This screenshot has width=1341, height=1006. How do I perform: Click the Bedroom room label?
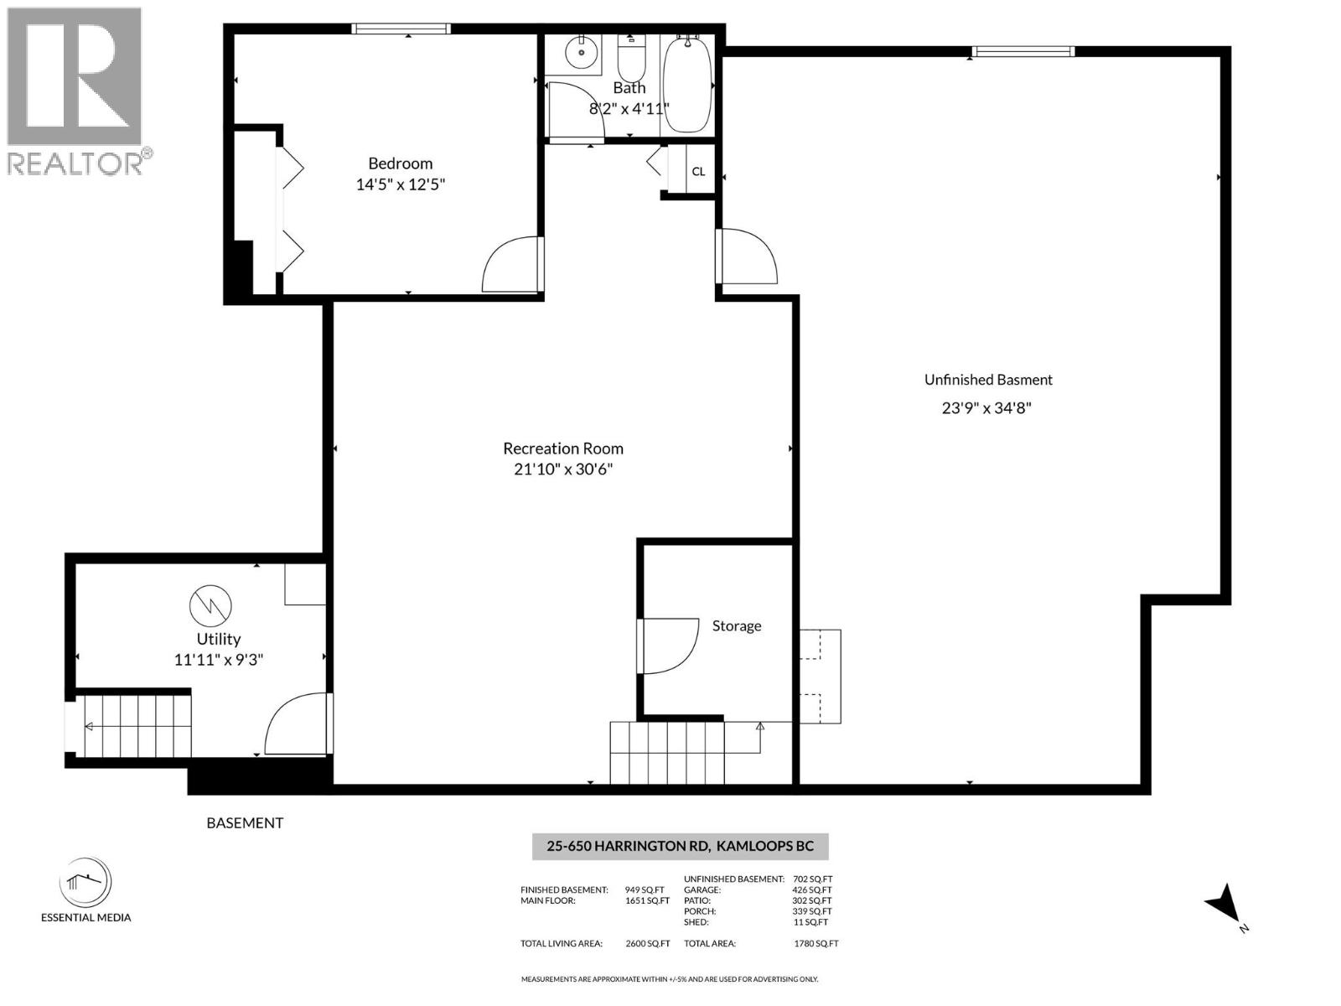coord(400,163)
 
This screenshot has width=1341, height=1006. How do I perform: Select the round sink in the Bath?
coord(580,54)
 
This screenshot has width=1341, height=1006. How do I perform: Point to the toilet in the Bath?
coord(630,59)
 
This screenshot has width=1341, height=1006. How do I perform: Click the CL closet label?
coord(698,172)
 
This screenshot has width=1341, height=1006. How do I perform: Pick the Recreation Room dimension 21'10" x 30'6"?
coord(563,469)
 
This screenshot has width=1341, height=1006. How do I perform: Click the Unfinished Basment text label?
coord(988,380)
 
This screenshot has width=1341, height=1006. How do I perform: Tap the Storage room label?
coord(737,626)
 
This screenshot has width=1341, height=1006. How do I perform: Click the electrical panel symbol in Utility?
coord(210,604)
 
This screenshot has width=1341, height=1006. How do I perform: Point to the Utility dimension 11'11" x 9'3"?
coord(219,660)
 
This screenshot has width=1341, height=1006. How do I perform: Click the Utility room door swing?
coord(298,725)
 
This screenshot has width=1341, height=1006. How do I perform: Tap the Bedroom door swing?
coord(511,264)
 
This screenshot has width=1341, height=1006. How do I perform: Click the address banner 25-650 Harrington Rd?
coord(680,846)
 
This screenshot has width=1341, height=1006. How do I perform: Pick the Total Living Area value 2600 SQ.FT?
coord(647,943)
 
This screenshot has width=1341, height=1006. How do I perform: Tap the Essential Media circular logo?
coord(85,882)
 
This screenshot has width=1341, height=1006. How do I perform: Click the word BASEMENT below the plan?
coord(245,823)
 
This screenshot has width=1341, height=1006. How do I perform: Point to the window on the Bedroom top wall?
coord(401,29)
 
